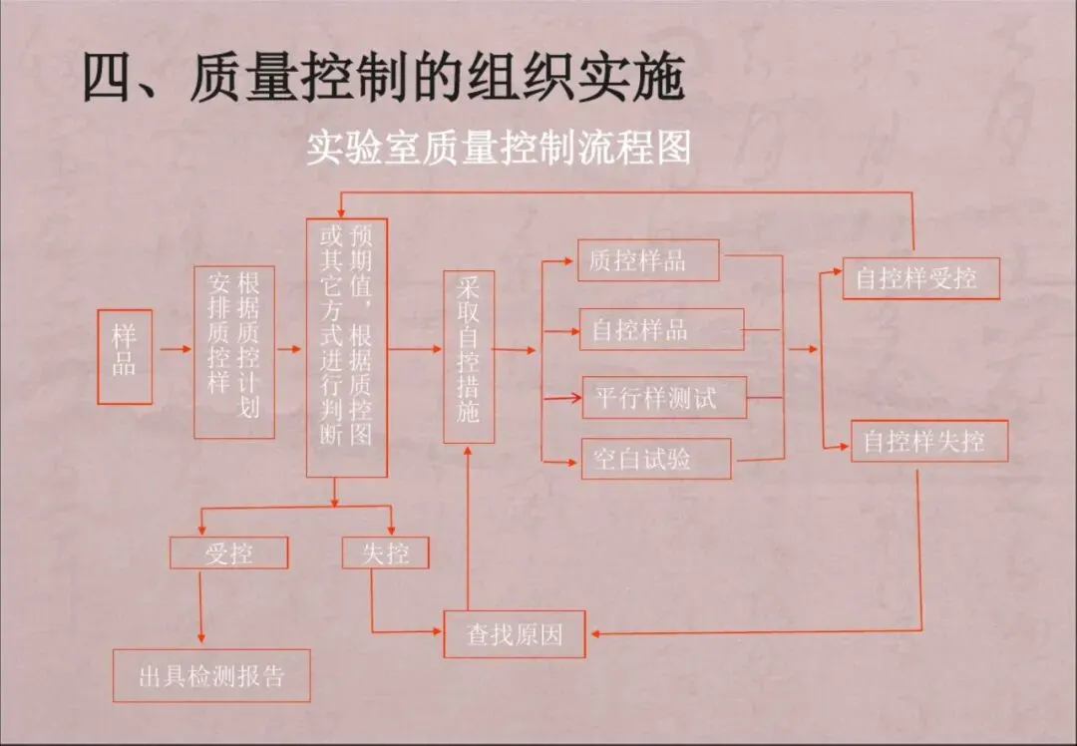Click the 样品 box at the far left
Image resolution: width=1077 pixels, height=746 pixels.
pos(125,356)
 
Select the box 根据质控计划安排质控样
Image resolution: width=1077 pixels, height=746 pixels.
pos(233,352)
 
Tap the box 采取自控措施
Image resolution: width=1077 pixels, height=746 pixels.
pos(469,356)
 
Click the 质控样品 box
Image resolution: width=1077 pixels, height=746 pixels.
pos(647,261)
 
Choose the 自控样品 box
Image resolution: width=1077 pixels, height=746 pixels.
pos(661,329)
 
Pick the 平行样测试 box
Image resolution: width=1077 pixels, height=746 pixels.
pos(663,399)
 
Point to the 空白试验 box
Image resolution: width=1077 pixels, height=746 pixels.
pos(656,459)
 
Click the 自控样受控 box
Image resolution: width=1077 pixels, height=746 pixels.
pos(919,279)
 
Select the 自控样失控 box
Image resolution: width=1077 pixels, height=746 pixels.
pos(928,441)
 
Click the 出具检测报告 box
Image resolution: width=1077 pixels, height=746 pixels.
pos(211,675)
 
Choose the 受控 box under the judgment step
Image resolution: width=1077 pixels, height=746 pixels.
pos(229,553)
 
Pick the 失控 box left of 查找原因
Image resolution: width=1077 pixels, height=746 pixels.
pos(385,553)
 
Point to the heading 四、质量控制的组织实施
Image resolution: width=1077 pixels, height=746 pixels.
pos(383,78)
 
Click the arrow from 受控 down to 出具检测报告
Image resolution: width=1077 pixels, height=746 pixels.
pos(201,608)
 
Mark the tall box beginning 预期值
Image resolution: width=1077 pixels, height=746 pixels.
pos(346,347)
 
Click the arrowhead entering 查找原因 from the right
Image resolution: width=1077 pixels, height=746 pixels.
pos(595,632)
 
